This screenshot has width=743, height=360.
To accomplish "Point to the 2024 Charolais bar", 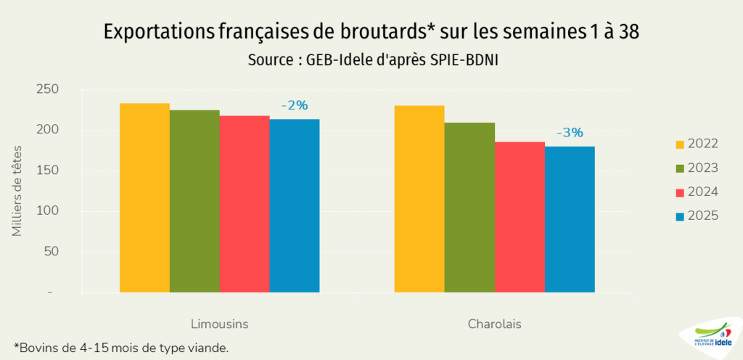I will tap(520, 217).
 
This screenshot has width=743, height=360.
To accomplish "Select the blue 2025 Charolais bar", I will tap(570, 219).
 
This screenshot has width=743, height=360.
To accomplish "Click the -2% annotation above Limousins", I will tap(295, 106).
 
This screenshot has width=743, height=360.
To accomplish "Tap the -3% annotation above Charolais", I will tap(570, 133).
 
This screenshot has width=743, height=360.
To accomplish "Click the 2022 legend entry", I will tap(697, 144).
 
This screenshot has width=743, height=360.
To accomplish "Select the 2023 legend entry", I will tap(697, 168).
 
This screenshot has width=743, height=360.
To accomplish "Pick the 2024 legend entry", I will tap(697, 192).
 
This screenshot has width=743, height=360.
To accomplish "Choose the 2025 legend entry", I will tap(697, 216).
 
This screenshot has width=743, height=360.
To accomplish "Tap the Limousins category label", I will tap(219, 323).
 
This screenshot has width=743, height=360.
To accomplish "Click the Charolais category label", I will tap(494, 323).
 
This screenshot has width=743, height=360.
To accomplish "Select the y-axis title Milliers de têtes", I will tap(17, 191).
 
